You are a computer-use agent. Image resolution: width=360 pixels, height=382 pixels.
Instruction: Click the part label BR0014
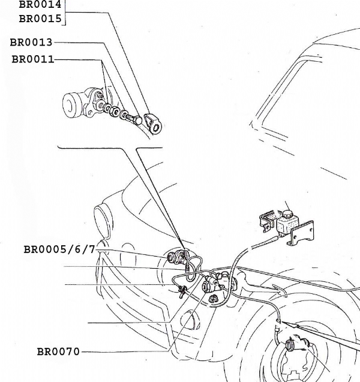point(40,4)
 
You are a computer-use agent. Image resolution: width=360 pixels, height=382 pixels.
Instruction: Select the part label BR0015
point(40,18)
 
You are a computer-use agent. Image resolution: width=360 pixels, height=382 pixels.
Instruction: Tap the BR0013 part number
point(31,43)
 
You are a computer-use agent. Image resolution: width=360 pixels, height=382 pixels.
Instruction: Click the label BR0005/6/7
point(59,249)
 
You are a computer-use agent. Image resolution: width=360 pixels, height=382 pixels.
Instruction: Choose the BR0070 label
point(58,351)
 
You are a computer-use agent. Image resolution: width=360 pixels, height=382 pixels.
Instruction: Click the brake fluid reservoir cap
point(287,213)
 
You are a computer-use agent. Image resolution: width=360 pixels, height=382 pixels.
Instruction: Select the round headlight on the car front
point(102,222)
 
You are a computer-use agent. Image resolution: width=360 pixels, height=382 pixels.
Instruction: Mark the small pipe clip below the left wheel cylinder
point(181,293)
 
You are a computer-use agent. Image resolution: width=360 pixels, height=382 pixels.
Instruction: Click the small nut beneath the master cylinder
point(213,297)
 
